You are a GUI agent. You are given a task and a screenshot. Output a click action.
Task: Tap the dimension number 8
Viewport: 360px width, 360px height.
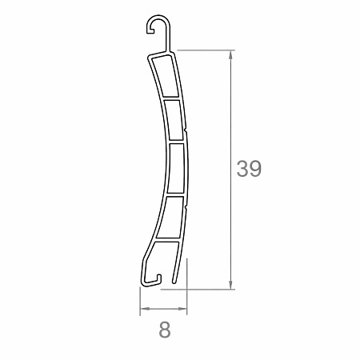(165, 328)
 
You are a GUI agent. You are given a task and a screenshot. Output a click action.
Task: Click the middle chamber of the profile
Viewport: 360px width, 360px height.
(177, 167)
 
